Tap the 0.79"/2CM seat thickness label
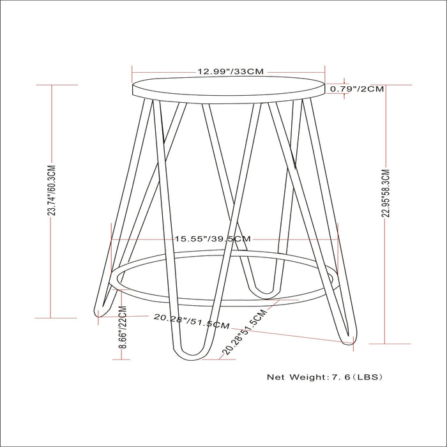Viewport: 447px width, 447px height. (357, 89)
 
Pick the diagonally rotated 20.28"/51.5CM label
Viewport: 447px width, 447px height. (243, 333)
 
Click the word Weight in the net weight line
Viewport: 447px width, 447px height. (308, 377)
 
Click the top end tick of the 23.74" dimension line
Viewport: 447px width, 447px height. (52, 85)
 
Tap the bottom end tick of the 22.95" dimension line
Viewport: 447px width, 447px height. (385, 344)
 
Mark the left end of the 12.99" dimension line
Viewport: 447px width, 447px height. (132, 66)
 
